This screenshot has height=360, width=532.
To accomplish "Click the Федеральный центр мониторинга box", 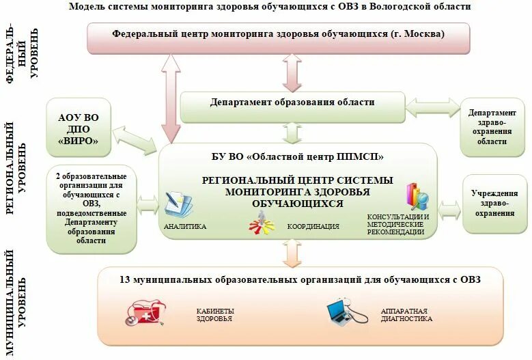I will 278,33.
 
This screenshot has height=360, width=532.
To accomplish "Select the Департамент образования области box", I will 292,102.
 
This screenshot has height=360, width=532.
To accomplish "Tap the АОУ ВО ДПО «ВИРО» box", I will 79,128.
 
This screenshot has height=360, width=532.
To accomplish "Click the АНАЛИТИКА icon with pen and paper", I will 180,204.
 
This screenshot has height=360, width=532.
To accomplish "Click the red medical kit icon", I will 145,314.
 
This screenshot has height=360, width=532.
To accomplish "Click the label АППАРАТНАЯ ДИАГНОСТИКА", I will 406,314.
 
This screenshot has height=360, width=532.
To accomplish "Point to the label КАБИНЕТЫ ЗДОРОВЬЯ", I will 214,314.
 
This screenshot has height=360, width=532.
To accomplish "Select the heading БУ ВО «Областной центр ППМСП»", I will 297,156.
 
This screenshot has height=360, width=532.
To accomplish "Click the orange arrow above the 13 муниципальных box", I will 292,253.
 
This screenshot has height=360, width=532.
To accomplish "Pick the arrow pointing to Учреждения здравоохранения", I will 449,209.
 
